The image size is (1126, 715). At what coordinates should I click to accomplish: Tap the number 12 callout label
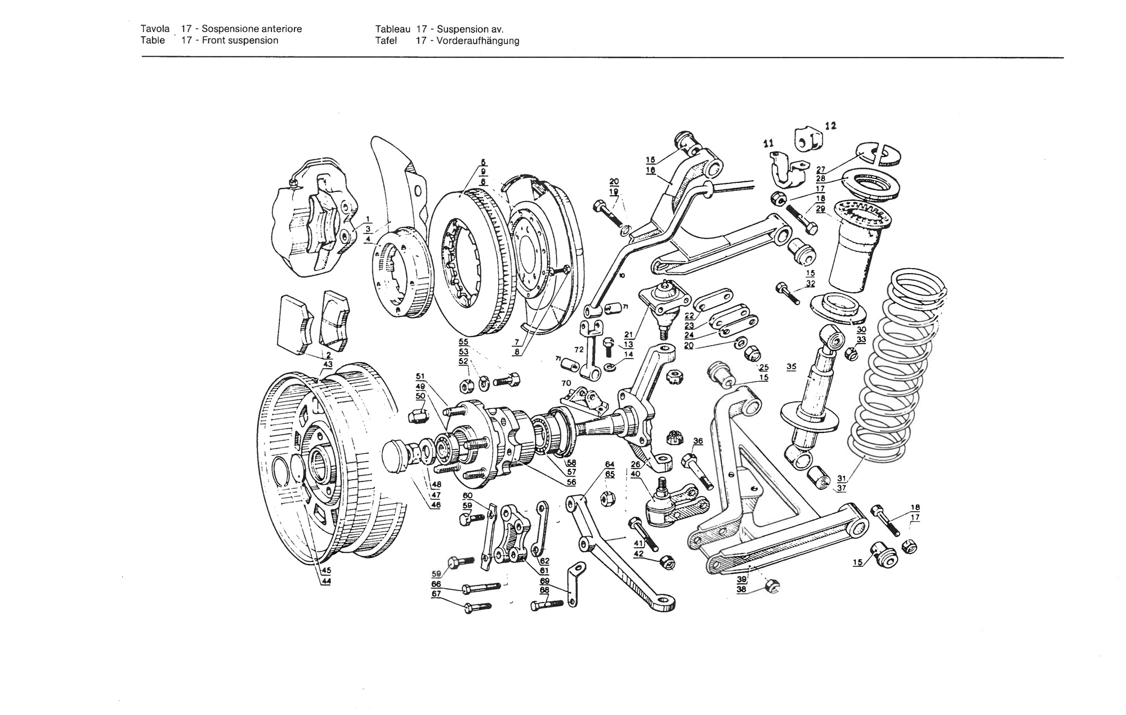pos(830,126)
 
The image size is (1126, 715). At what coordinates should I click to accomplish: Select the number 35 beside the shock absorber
pos(791,367)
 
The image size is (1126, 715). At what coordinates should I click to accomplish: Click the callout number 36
pos(698,441)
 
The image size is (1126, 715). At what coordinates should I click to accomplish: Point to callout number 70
pos(566,383)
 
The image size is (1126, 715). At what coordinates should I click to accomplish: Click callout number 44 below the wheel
pos(327,582)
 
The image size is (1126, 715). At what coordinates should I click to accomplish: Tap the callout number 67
pos(436,594)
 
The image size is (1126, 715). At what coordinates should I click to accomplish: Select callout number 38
pos(741,589)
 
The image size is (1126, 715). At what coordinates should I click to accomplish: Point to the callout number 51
pos(420,376)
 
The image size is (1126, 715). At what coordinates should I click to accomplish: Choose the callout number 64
pos(610,464)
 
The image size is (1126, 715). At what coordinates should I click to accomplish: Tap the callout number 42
pos(638,554)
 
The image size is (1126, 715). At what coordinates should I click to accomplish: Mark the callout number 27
pos(820,169)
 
